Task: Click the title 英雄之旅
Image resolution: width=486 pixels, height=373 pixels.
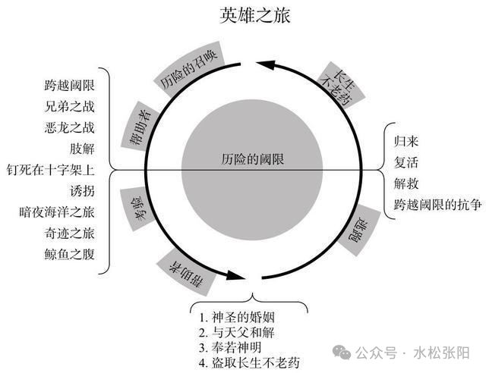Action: click(x=255, y=15)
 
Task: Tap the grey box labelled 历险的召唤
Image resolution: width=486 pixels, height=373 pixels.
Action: click(x=189, y=69)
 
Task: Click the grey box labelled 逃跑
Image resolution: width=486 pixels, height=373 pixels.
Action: click(x=359, y=230)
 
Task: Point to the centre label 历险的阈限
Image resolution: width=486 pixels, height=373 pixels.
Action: click(x=253, y=159)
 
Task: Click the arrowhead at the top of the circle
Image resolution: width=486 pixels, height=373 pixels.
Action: click(x=266, y=64)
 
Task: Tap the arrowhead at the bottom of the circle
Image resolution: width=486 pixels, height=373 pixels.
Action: click(x=236, y=275)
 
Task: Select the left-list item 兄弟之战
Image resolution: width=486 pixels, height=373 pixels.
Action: click(x=69, y=106)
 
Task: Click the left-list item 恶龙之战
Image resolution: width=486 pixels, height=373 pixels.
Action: click(x=69, y=127)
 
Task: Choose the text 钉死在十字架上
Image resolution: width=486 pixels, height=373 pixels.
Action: click(x=51, y=170)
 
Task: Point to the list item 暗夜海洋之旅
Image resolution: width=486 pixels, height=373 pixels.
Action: click(x=57, y=212)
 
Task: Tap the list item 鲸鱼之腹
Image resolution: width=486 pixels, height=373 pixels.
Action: click(x=69, y=255)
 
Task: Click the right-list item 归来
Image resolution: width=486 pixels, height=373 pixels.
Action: click(x=406, y=142)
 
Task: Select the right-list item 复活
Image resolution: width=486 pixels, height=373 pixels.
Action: click(x=406, y=162)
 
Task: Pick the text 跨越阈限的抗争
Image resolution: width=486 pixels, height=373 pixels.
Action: click(x=437, y=205)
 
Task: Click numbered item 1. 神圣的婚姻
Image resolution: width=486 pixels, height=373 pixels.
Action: click(x=237, y=318)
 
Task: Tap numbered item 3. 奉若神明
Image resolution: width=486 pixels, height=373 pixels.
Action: click(x=230, y=348)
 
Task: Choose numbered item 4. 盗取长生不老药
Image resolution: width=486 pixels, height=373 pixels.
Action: click(x=250, y=363)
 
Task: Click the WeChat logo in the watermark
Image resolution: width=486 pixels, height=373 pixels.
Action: click(x=342, y=353)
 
